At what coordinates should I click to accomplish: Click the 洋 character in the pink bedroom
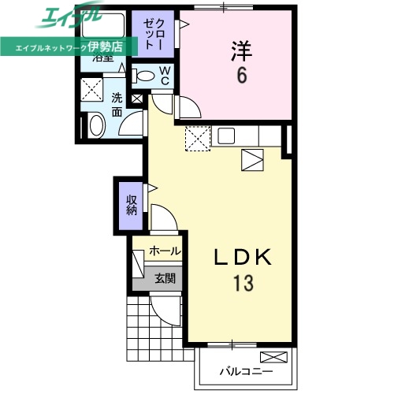click(241, 52)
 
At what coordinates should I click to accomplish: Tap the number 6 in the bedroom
click(241, 76)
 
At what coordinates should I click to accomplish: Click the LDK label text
click(242, 258)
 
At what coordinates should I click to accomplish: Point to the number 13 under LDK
click(242, 283)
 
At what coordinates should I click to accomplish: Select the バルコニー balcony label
click(245, 370)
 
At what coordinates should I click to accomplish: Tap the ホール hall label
click(164, 251)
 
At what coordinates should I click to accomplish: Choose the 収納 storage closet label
click(132, 205)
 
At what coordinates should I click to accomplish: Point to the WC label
click(165, 76)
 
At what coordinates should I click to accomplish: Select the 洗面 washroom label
click(117, 106)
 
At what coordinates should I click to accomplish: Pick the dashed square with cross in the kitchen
click(196, 139)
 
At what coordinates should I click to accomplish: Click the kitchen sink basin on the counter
click(226, 136)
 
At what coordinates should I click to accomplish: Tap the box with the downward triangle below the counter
click(254, 160)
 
